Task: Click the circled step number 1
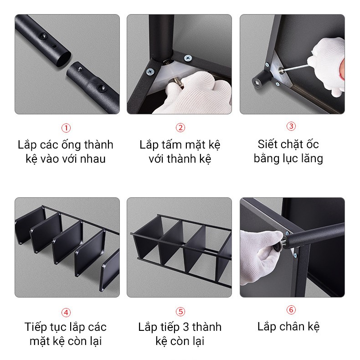(67, 128)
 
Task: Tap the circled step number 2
(180, 128)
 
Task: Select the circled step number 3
(291, 127)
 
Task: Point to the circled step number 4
(67, 312)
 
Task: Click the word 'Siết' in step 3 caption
(267, 144)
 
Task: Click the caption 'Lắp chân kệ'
(288, 327)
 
